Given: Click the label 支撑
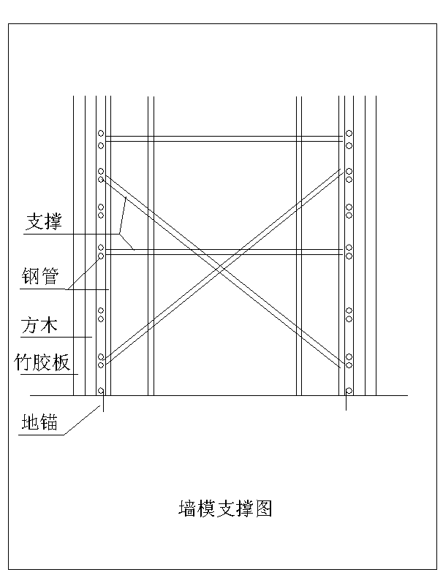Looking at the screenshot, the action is (x=44, y=221).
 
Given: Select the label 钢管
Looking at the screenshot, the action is (x=40, y=276).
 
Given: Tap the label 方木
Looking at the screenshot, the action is (x=39, y=325).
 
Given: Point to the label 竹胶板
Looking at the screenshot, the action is (x=42, y=362).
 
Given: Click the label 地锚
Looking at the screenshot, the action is (x=39, y=422).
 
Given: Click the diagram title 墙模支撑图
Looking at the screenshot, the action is (x=225, y=508).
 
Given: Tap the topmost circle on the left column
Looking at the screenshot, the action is (x=101, y=133).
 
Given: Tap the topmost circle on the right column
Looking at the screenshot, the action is (x=349, y=133).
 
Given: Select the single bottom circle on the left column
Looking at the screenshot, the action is (x=101, y=390).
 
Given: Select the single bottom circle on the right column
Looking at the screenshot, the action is (x=349, y=390).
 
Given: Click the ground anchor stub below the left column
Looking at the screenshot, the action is (x=103, y=403).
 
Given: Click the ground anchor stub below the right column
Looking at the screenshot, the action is (x=347, y=403).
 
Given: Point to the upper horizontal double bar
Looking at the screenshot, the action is (x=224, y=139).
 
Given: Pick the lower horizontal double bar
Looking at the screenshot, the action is (x=224, y=252).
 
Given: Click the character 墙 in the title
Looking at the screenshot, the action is (x=187, y=508).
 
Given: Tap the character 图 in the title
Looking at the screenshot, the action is (x=264, y=508).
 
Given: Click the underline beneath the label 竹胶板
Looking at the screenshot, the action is (x=50, y=374).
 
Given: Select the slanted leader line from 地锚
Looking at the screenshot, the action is (x=82, y=420).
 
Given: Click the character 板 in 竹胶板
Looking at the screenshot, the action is (x=61, y=362).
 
